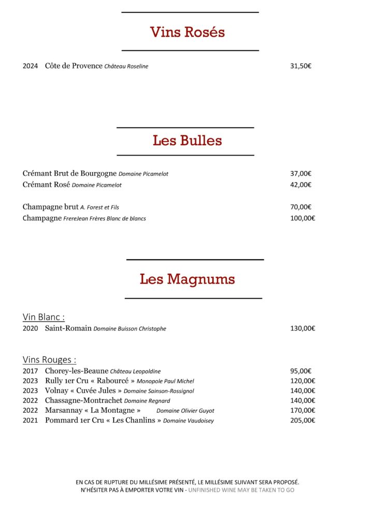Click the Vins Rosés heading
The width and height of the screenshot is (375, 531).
coord(187,32)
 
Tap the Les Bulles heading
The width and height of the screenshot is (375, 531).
coord(187,141)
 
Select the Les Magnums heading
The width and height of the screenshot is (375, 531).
coord(187,279)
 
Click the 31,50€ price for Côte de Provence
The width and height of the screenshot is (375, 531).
coord(300,66)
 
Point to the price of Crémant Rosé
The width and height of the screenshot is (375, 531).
coord(300,185)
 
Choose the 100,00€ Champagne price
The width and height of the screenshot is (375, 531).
coord(302,218)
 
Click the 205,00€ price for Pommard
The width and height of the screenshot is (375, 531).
coord(302,421)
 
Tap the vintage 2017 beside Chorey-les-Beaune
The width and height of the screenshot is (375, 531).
coord(31,371)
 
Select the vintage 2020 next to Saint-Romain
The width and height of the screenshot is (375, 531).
coord(31,329)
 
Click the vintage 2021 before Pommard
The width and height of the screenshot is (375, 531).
coord(31,421)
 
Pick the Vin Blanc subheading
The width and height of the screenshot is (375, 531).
coord(44,317)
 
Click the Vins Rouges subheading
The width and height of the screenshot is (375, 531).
coord(49,359)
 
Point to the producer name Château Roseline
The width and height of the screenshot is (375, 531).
coord(126,66)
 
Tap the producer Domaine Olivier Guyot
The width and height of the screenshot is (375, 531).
coord(185,411)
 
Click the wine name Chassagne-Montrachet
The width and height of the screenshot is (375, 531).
coord(83,400)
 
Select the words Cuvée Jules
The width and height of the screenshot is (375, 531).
coord(96,390)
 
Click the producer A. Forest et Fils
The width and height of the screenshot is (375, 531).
coord(99,207)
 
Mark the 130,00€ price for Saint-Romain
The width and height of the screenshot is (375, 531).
coord(302,329)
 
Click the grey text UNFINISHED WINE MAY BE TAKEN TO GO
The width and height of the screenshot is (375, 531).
coord(241,490)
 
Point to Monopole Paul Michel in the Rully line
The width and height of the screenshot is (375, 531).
coord(165,381)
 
